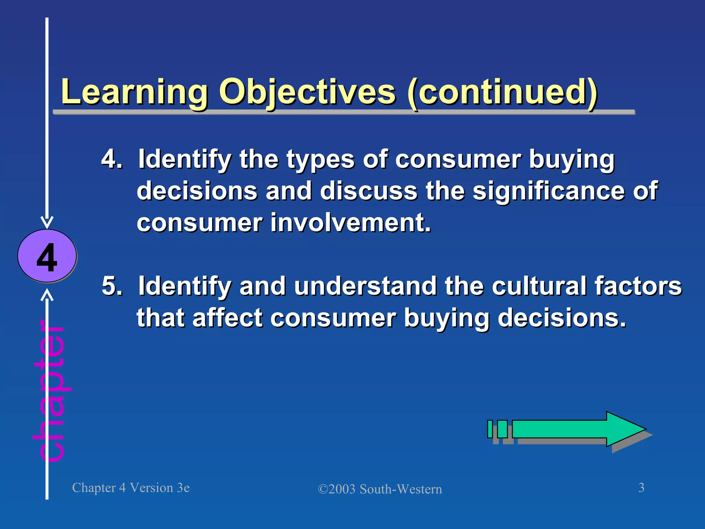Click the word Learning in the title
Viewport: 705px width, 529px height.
(x=134, y=92)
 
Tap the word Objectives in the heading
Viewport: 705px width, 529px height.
(x=307, y=92)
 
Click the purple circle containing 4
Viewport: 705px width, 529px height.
(x=47, y=256)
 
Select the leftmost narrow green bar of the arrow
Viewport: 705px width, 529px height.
(x=490, y=429)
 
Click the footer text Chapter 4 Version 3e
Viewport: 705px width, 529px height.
(x=131, y=488)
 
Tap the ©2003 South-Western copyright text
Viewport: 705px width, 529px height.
(x=380, y=489)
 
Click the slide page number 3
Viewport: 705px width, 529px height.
(x=641, y=488)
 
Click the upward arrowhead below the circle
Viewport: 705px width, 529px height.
(x=47, y=295)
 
